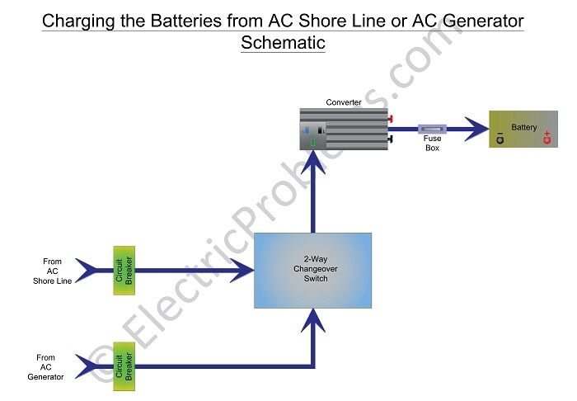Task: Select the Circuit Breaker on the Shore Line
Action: click(x=124, y=270)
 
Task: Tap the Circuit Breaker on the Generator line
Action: click(x=124, y=366)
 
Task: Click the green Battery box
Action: click(x=523, y=129)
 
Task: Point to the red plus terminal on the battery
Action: click(x=546, y=139)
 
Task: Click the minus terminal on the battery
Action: click(x=500, y=139)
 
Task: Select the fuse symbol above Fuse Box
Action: click(x=432, y=129)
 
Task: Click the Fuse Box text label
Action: click(x=432, y=144)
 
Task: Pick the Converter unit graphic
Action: click(x=344, y=130)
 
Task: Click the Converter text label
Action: click(x=344, y=102)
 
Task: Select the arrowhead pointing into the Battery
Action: click(x=476, y=129)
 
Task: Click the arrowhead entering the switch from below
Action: click(x=312, y=319)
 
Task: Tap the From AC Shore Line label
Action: click(x=53, y=271)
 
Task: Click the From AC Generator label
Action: click(x=46, y=367)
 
